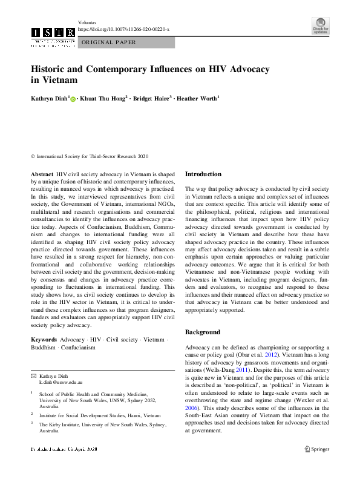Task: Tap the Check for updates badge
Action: [x=321, y=27]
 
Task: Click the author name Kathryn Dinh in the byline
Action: [x=50, y=97]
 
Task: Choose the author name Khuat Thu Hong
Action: [x=102, y=97]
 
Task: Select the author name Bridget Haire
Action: [x=151, y=97]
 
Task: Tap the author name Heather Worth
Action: [x=197, y=97]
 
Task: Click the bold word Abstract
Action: [x=42, y=174]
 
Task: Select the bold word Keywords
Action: [x=44, y=340]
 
